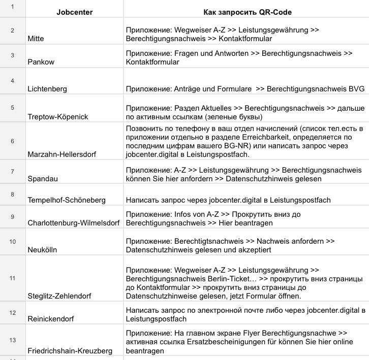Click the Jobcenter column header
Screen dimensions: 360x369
click(x=74, y=12)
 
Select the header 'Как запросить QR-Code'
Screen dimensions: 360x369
click(x=247, y=12)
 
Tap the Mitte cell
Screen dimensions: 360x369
click(x=36, y=39)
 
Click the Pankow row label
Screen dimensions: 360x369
click(x=41, y=62)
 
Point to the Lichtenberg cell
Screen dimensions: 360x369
click(x=47, y=89)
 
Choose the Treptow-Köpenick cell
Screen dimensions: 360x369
click(x=58, y=117)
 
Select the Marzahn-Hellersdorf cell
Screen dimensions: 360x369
click(x=62, y=154)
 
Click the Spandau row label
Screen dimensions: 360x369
click(x=43, y=179)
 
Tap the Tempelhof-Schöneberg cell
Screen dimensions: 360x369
click(x=67, y=200)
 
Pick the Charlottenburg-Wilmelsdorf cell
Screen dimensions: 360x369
click(x=74, y=223)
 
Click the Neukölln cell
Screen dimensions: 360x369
click(x=42, y=250)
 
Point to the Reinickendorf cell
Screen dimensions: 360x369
click(x=51, y=319)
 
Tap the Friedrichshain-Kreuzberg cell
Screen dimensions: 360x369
click(x=70, y=351)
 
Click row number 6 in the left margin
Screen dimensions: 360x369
click(x=13, y=141)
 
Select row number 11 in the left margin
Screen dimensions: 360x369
click(x=13, y=278)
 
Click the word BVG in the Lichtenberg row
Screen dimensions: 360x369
click(x=356, y=89)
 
